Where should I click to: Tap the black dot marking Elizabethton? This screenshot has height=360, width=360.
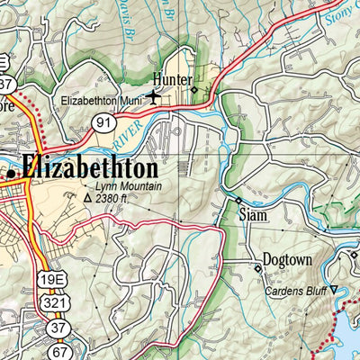[11, 170]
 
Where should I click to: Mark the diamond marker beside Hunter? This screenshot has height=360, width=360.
[194, 89]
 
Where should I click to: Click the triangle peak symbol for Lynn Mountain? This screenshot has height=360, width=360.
[87, 197]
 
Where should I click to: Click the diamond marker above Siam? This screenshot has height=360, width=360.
[238, 200]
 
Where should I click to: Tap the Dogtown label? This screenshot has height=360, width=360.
[287, 261]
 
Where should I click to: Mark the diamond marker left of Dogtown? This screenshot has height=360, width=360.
[256, 265]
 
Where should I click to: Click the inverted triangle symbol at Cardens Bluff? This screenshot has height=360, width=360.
[334, 290]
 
